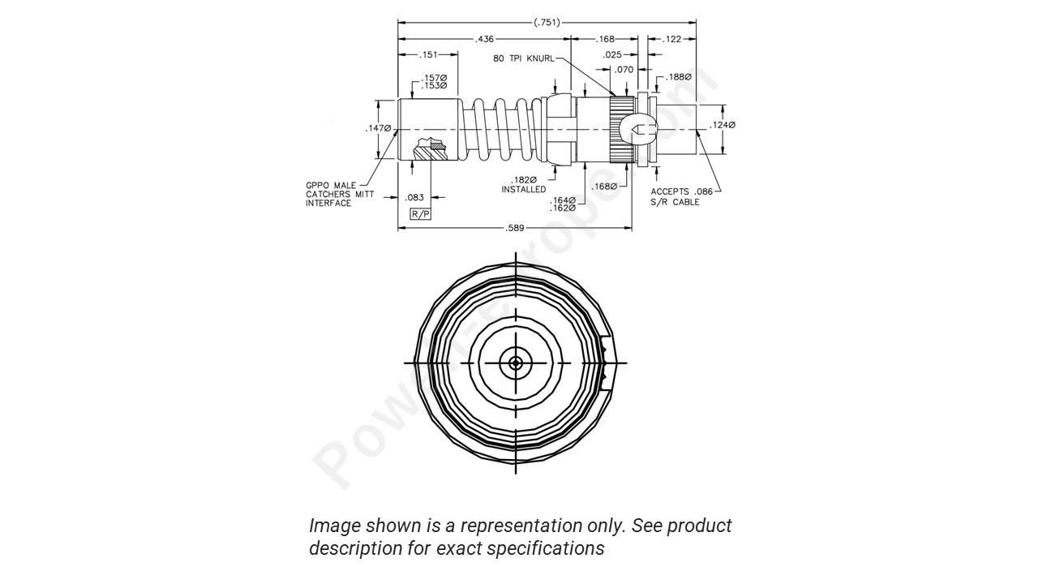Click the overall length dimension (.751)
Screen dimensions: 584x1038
547,23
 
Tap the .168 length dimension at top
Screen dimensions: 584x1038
605,39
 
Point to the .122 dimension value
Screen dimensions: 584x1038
672,39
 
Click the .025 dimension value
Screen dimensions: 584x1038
613,54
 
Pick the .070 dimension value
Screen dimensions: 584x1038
624,70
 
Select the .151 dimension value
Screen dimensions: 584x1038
428,55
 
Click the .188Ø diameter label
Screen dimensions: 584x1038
679,78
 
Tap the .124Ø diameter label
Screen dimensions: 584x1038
722,125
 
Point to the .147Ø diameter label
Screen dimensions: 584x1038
378,128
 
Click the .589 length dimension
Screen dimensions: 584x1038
515,229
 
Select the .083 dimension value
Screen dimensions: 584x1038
414,197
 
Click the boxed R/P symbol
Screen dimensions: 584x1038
420,214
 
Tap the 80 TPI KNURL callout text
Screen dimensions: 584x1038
523,59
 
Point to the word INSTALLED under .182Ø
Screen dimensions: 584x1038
523,190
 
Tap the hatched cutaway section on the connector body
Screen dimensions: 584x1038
430,149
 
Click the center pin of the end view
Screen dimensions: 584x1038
516,363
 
